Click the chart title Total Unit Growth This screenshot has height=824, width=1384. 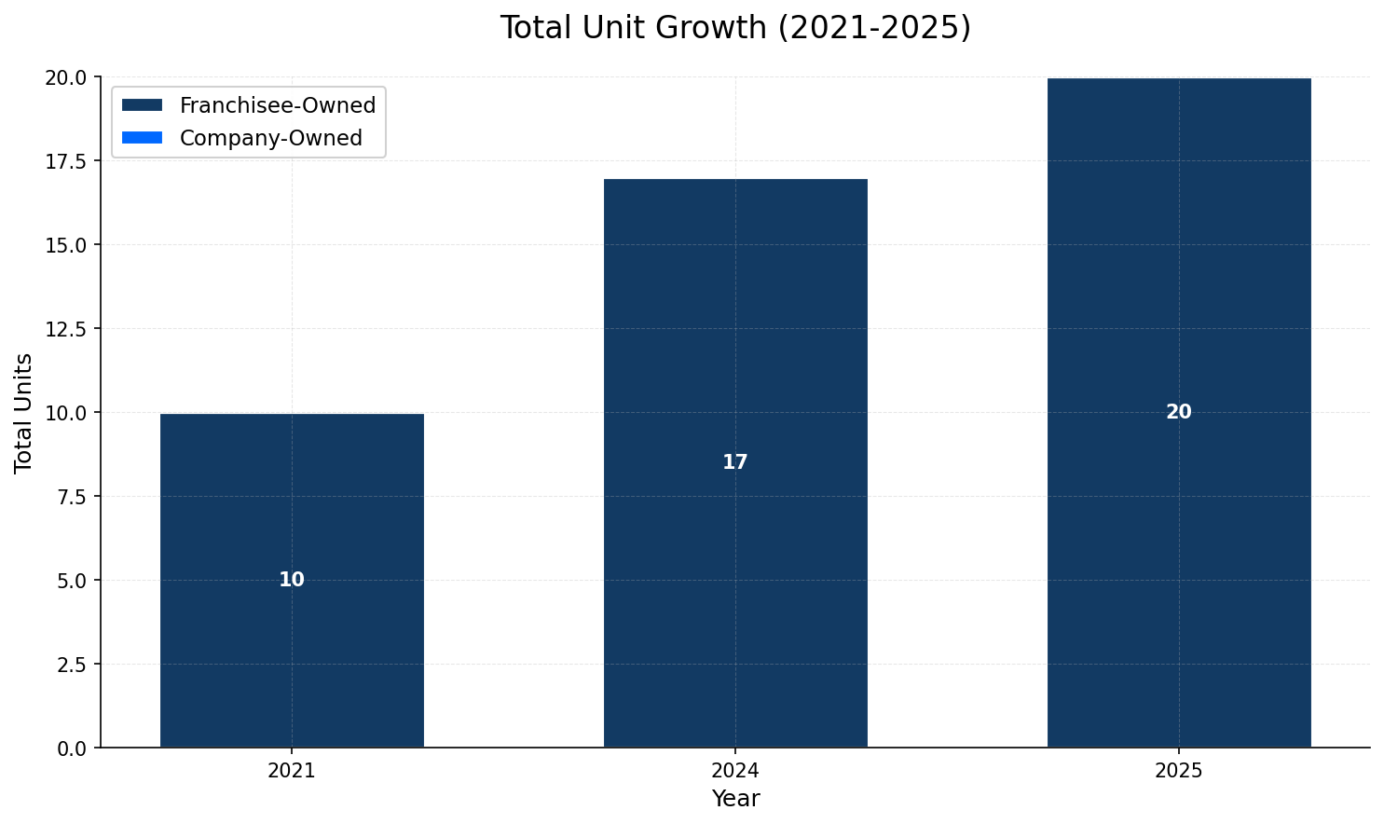click(x=734, y=28)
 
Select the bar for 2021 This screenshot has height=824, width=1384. click(x=292, y=652)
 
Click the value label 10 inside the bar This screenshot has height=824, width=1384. click(x=292, y=580)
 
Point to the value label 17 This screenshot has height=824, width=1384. click(x=734, y=462)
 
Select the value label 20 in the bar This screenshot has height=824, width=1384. click(x=1178, y=412)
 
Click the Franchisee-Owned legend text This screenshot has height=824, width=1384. click(x=277, y=105)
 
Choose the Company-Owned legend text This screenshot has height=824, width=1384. click(x=270, y=138)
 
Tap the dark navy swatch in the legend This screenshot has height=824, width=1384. click(x=142, y=105)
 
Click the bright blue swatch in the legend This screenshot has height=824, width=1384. click(x=142, y=138)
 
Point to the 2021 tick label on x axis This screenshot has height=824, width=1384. click(x=292, y=771)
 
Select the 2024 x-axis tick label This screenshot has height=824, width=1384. click(x=734, y=771)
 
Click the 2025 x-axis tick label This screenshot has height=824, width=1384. click(x=1178, y=771)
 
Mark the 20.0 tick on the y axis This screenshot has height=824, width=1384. click(x=65, y=77)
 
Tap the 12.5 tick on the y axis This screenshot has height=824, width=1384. click(x=65, y=329)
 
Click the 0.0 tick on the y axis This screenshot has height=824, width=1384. click(x=70, y=748)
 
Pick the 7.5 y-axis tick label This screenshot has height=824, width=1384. click(x=70, y=497)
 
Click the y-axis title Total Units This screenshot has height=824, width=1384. click(x=24, y=413)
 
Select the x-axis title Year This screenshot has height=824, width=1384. click(x=735, y=799)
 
